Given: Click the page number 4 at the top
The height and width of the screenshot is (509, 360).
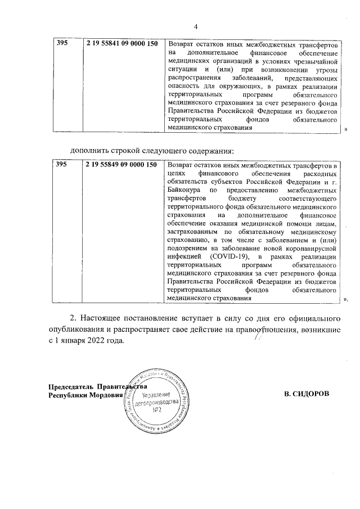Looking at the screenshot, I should (195, 26).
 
